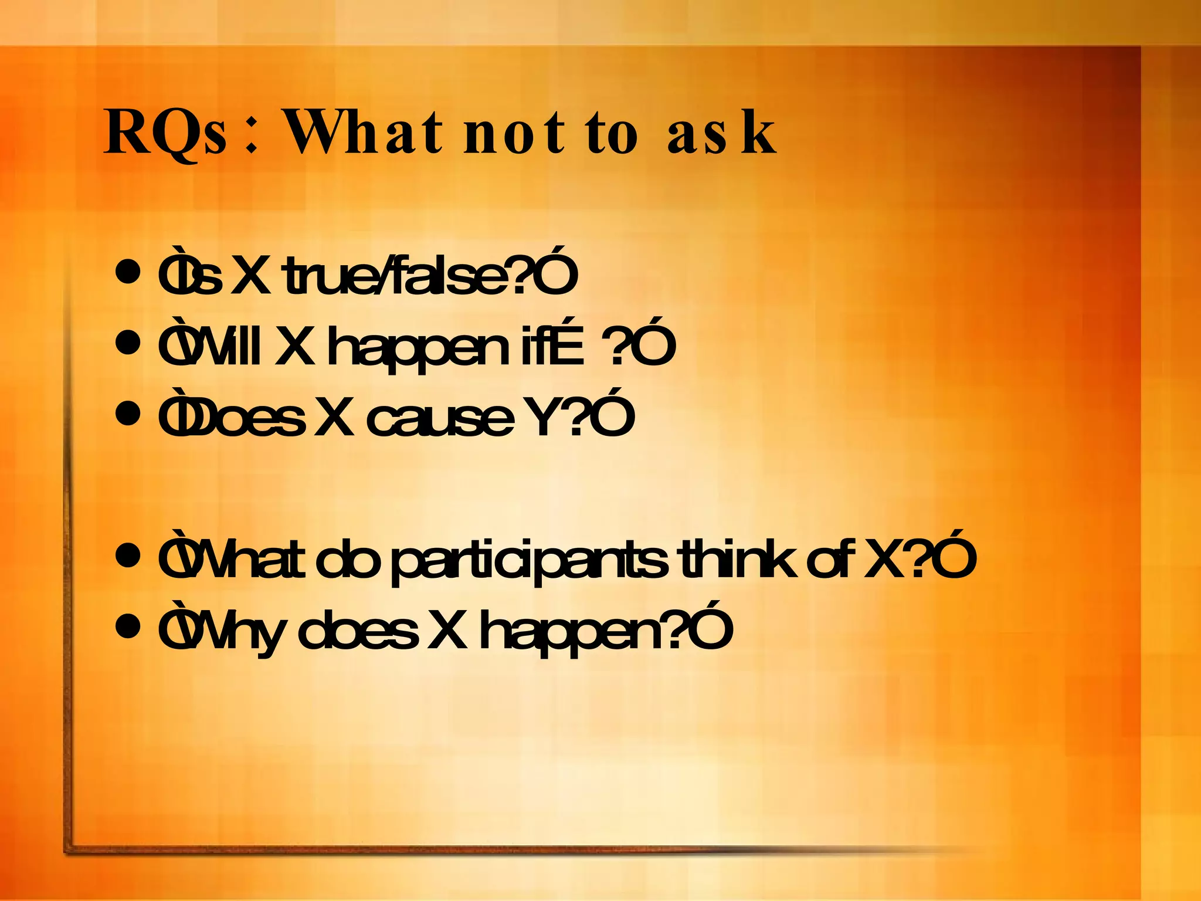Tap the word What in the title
[x=364, y=133]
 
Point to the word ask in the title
[x=721, y=133]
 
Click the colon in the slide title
[x=252, y=138]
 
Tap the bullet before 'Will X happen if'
[x=128, y=343]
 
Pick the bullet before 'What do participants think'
[x=128, y=555]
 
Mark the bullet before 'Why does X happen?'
[x=128, y=626]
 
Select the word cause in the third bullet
[x=440, y=419]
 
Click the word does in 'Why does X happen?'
[x=358, y=631]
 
